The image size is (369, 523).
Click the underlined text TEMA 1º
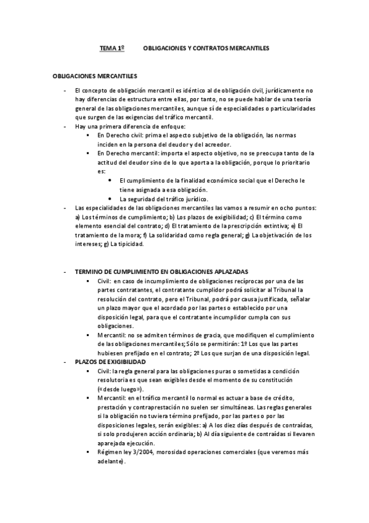(x=113, y=47)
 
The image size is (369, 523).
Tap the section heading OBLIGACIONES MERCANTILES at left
(x=94, y=77)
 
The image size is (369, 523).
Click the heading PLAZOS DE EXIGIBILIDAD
(x=110, y=361)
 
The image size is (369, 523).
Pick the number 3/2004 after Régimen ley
(x=137, y=452)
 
